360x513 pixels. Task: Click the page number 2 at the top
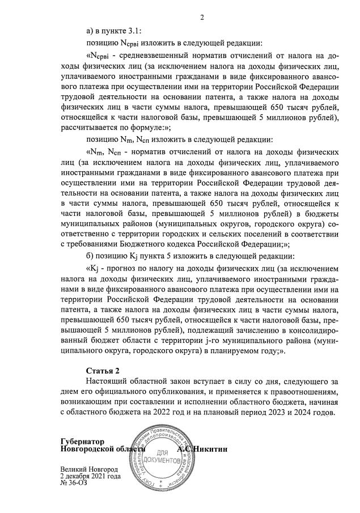click(201, 17)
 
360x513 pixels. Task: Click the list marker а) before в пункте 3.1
click(89, 31)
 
